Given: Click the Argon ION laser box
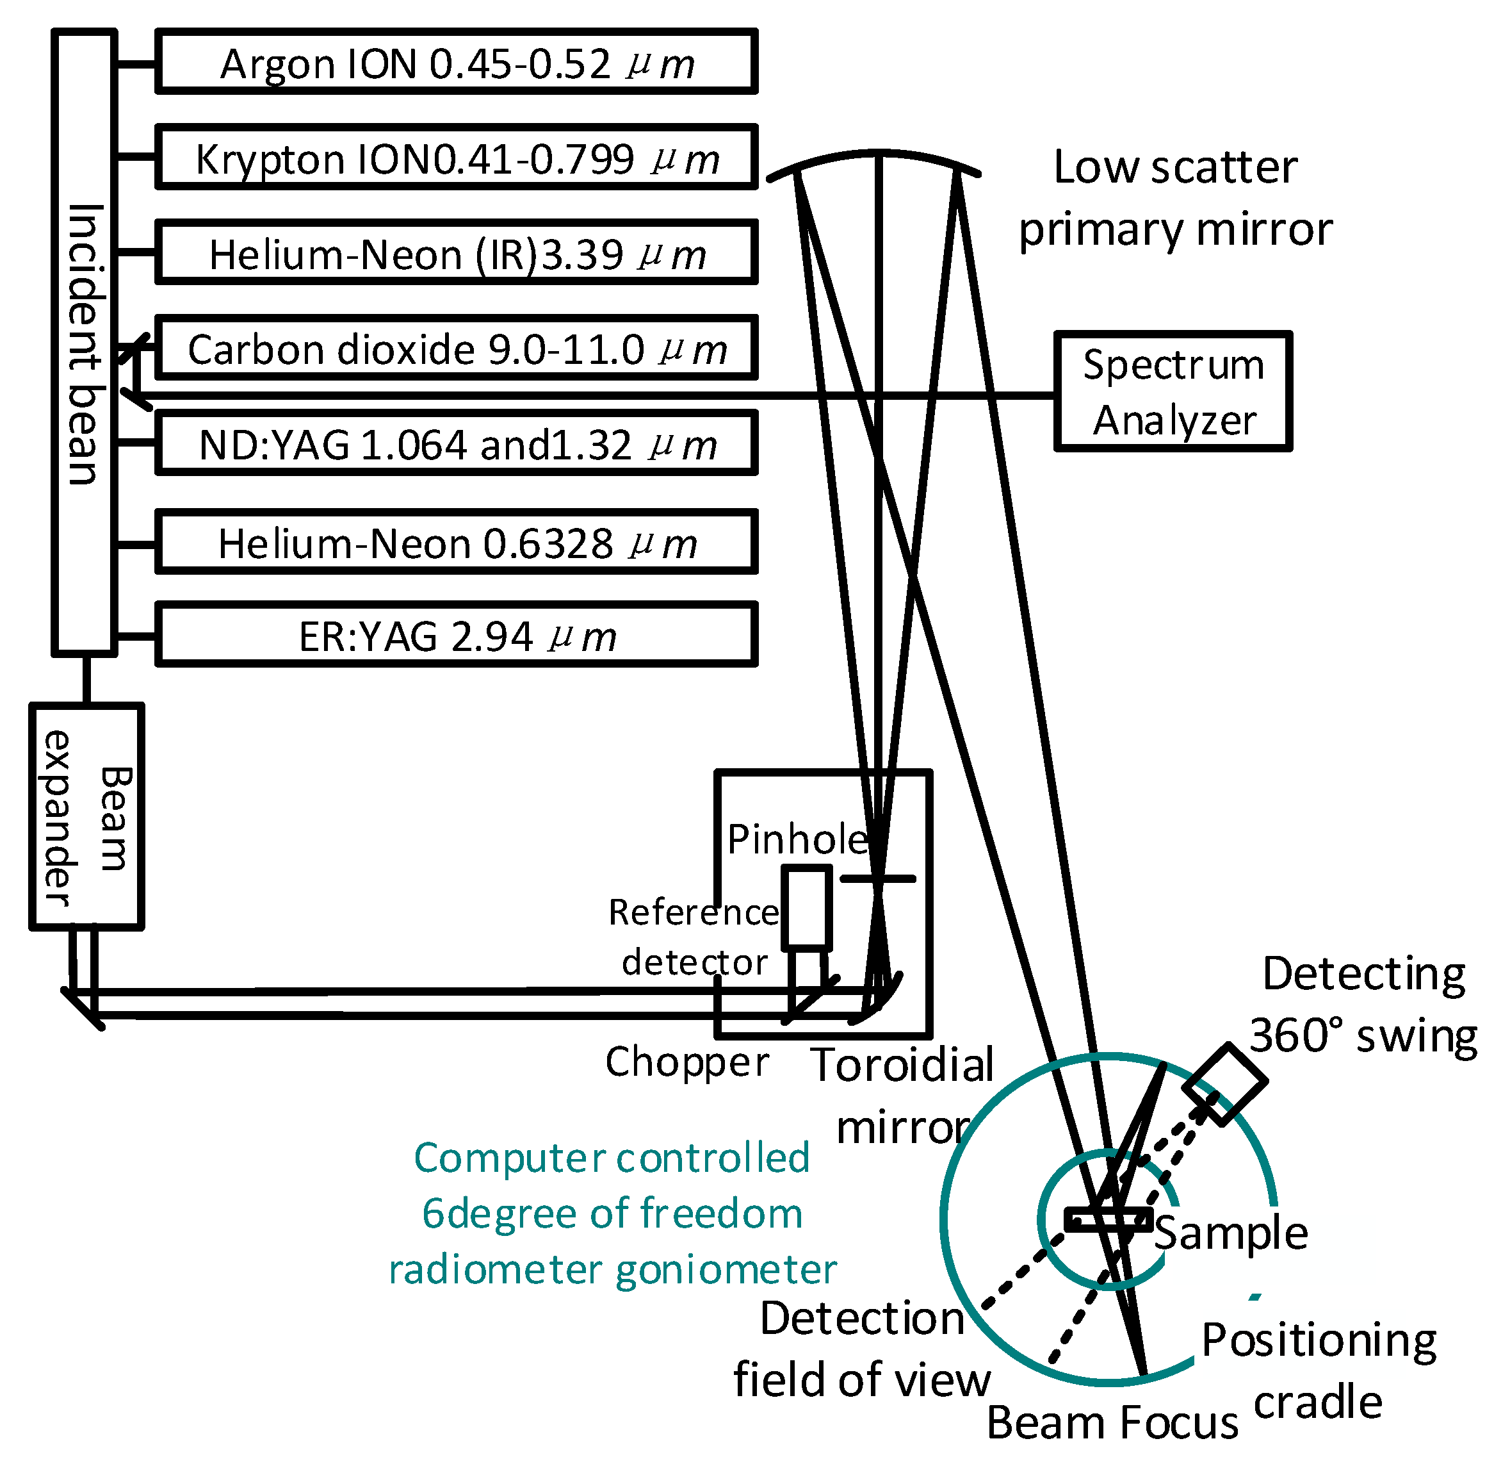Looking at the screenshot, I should coord(456,62).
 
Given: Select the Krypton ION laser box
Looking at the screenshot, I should coord(456,157).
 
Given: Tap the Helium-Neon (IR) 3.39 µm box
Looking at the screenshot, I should coord(456,252).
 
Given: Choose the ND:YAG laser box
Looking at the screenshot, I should coord(456,443).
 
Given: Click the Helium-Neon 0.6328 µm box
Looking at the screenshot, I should coord(456,542).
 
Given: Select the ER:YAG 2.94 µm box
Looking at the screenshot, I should coord(456,634).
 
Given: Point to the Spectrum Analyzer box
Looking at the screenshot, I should coord(1173,391).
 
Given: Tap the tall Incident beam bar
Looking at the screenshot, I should coord(84,343).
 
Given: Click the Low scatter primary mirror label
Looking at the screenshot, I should coord(1175,198).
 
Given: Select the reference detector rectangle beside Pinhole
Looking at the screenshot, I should coord(806,907).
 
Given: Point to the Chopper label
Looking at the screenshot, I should coord(686,1062).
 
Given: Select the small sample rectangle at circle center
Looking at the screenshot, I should coord(1108,1220).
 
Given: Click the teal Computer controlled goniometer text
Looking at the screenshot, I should coord(612,1214).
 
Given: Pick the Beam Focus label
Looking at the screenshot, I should coord(1112,1423).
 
